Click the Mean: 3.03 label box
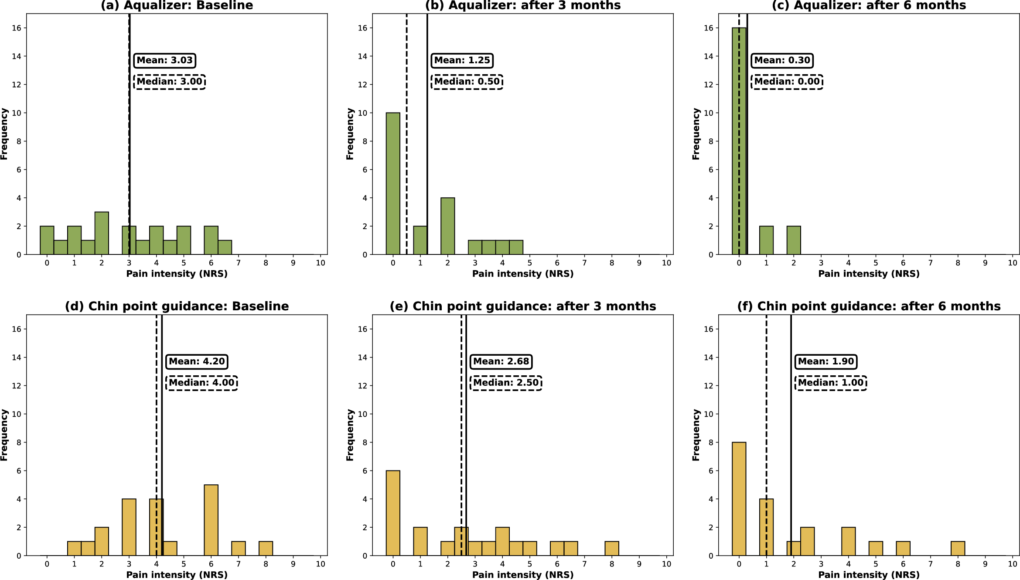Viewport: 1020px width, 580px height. point(164,60)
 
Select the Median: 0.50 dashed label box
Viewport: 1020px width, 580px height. point(467,82)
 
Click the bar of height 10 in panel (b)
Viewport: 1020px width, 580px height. point(393,183)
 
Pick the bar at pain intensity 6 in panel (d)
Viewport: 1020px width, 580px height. point(211,520)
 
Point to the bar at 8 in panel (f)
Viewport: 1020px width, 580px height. point(958,549)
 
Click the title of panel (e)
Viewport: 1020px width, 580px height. point(522,306)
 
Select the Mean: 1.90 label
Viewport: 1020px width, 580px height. point(826,361)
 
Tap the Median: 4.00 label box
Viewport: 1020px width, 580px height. point(201,383)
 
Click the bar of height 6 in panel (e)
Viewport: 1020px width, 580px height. point(393,513)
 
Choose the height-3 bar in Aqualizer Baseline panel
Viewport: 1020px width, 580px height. point(102,233)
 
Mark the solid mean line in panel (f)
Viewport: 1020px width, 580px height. point(791,436)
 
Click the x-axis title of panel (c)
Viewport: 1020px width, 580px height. point(868,274)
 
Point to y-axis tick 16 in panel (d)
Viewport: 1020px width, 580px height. point(16,329)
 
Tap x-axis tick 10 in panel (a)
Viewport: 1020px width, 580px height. point(321,263)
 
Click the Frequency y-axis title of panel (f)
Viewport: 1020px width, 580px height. point(696,435)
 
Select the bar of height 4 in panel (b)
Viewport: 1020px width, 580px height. point(447,226)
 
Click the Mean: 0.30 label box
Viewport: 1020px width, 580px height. point(782,60)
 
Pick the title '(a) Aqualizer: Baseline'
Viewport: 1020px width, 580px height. point(177,6)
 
